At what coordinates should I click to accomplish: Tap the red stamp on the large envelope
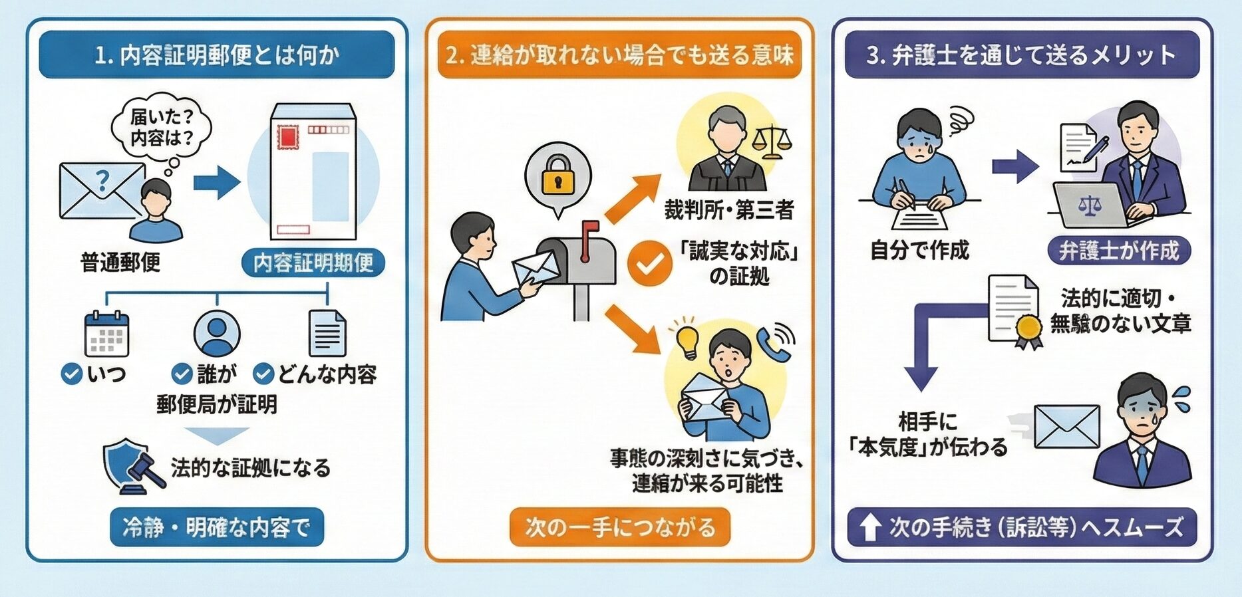pos(288,136)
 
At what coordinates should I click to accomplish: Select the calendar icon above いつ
pos(106,334)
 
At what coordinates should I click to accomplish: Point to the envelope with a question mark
pos(100,189)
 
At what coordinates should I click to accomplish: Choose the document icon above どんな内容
pos(327,334)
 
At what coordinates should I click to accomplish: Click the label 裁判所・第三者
pos(729,211)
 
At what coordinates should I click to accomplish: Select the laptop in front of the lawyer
pos(1091,205)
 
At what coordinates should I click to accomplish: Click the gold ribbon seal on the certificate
pos(1028,328)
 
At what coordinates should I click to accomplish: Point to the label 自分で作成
pos(919,251)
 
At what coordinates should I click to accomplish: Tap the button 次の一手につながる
pos(620,527)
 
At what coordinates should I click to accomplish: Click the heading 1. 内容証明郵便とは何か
pos(217,55)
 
